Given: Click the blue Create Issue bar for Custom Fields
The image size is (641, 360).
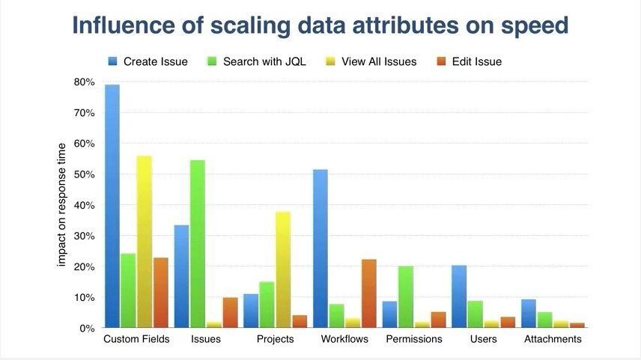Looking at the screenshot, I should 112,206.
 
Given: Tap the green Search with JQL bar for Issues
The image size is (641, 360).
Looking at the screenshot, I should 198,243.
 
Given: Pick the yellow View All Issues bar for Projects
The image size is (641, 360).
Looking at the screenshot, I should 283,269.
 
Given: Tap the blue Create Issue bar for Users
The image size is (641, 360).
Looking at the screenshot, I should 459,296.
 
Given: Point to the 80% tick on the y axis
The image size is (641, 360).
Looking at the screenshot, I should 84,82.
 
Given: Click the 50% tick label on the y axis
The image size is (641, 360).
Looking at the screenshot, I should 84,174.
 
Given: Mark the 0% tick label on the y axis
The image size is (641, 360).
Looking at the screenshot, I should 87,328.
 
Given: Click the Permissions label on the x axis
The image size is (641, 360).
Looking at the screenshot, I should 414,339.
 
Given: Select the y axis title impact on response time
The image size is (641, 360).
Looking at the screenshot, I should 62,204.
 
